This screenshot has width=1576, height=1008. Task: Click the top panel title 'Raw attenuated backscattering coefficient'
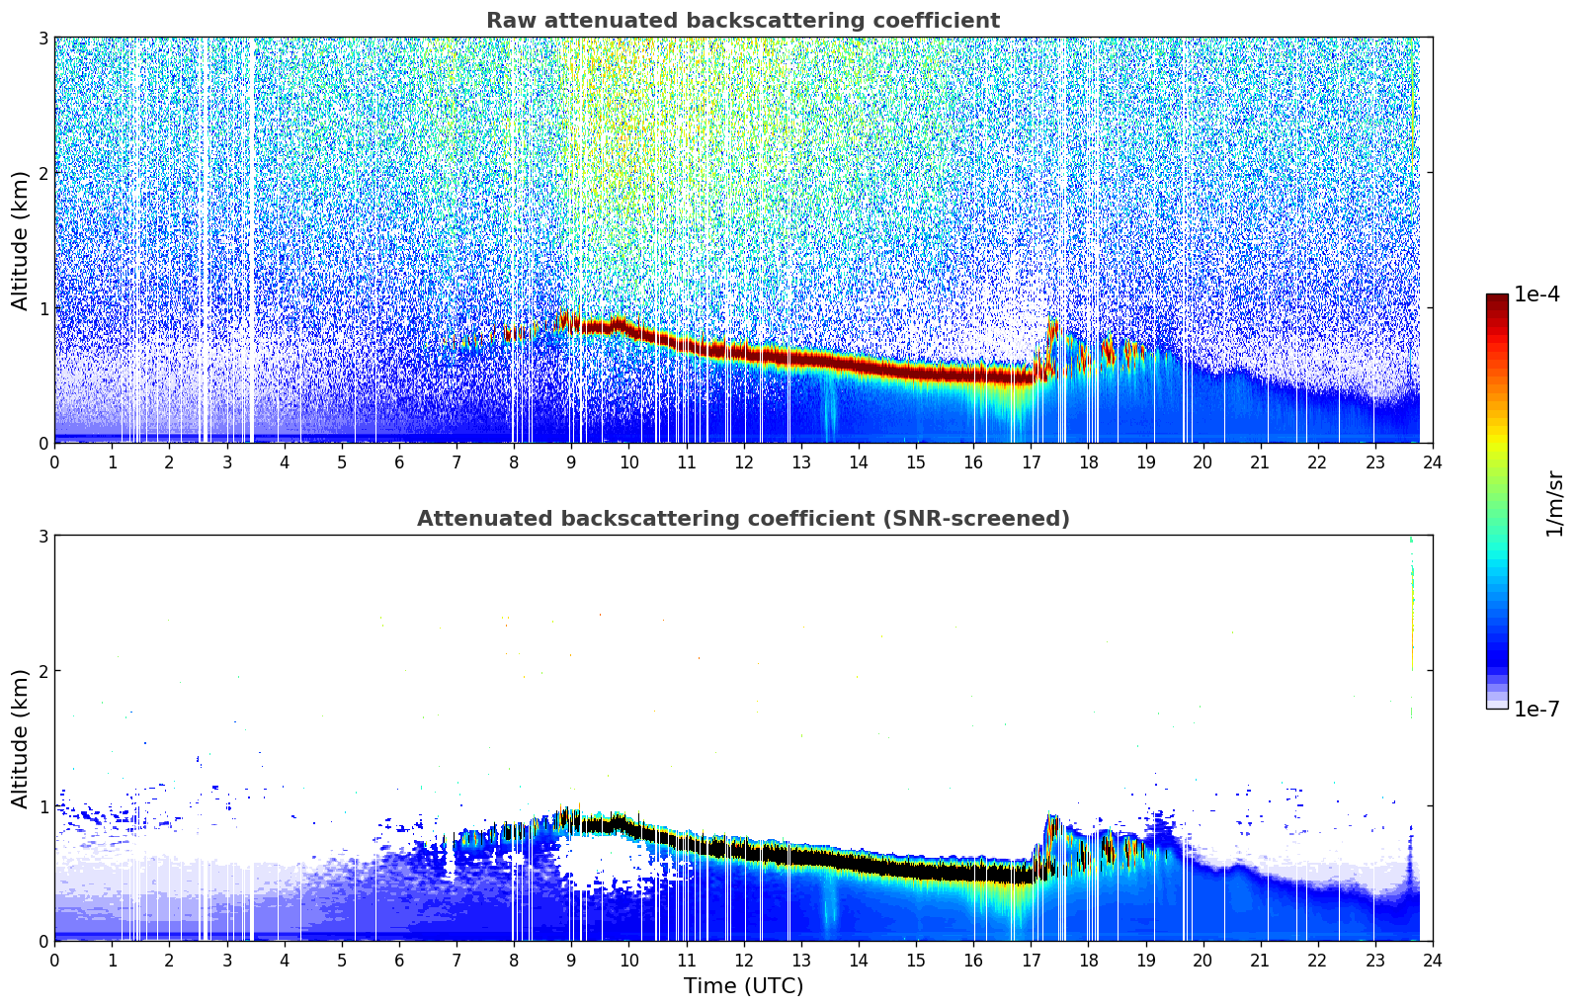[743, 21]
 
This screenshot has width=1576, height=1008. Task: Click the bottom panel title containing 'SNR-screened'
[743, 519]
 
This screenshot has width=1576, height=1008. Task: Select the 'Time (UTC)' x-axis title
[743, 985]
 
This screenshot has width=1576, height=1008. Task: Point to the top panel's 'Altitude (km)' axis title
[20, 240]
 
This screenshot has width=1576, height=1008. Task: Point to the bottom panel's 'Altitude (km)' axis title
[20, 738]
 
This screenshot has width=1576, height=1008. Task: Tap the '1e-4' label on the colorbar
[1536, 294]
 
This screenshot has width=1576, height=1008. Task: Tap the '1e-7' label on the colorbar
[1536, 709]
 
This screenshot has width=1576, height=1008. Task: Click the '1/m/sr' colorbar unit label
[1554, 503]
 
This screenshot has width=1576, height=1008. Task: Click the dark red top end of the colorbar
[1497, 298]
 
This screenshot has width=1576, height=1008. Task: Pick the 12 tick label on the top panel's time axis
[743, 462]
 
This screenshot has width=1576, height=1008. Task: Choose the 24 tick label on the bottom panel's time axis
[1433, 960]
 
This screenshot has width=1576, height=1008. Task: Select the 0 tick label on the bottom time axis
[54, 960]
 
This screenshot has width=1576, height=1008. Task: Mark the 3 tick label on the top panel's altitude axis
[42, 38]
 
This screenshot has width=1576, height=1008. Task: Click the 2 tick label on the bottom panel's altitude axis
[42, 671]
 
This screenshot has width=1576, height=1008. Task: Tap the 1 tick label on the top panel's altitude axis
[42, 308]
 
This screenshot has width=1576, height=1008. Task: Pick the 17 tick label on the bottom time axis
[1031, 960]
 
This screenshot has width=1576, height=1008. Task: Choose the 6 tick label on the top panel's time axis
[399, 462]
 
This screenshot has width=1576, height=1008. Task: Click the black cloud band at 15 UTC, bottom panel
[916, 870]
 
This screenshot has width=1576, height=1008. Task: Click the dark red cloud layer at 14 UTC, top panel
[859, 363]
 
